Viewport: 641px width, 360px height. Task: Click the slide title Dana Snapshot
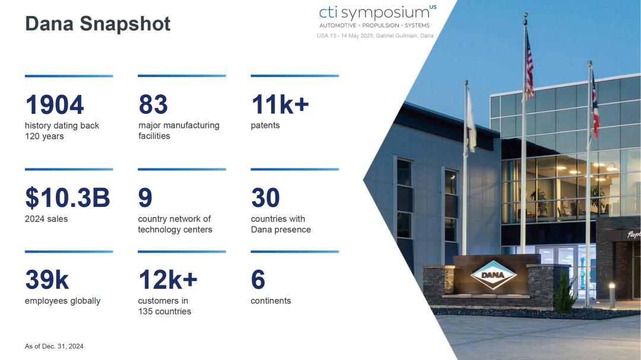coord(98,24)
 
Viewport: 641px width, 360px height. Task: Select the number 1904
coord(55,104)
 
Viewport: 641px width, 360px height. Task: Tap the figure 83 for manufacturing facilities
coord(153,104)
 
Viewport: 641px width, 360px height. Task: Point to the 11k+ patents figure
coord(280,104)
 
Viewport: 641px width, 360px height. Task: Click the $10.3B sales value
coord(68,197)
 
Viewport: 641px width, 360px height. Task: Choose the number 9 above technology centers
coord(145,197)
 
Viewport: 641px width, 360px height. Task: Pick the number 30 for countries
coord(266,197)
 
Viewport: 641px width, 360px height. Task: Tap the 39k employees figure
coord(47,280)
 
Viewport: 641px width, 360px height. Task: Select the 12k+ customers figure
coord(168,280)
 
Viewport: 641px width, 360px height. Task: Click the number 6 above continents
coord(258,280)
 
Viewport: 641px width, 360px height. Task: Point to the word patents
coord(265,126)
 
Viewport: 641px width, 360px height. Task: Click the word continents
coord(271,301)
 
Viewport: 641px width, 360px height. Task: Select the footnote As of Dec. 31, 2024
coord(54,346)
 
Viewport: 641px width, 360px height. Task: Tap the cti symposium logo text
coord(375,12)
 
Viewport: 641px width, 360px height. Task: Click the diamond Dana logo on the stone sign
coord(493,275)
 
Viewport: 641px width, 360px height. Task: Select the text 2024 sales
coord(46,219)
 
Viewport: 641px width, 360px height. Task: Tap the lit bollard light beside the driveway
coord(612,295)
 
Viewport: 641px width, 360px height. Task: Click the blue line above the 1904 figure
coord(69,76)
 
